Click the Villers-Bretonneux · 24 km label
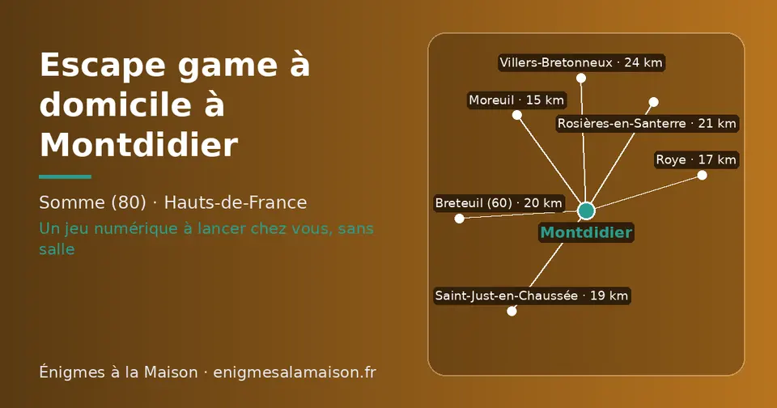tap(581, 63)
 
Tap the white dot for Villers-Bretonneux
tap(581, 79)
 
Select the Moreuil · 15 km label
tap(517, 100)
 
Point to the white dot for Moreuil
tap(517, 115)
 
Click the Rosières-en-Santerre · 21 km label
tap(647, 123)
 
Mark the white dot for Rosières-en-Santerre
tap(654, 102)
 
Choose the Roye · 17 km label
tap(696, 159)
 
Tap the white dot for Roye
tap(703, 175)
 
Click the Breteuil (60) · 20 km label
tap(499, 202)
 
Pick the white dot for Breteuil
tap(460, 219)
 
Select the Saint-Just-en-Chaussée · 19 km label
tap(532, 296)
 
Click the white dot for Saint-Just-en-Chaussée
tap(512, 312)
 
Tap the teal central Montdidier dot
tap(586, 210)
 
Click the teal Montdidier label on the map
tap(586, 232)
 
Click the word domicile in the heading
tap(116, 104)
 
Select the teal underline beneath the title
tap(65, 176)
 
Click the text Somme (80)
tap(92, 202)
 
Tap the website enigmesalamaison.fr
tap(295, 372)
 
